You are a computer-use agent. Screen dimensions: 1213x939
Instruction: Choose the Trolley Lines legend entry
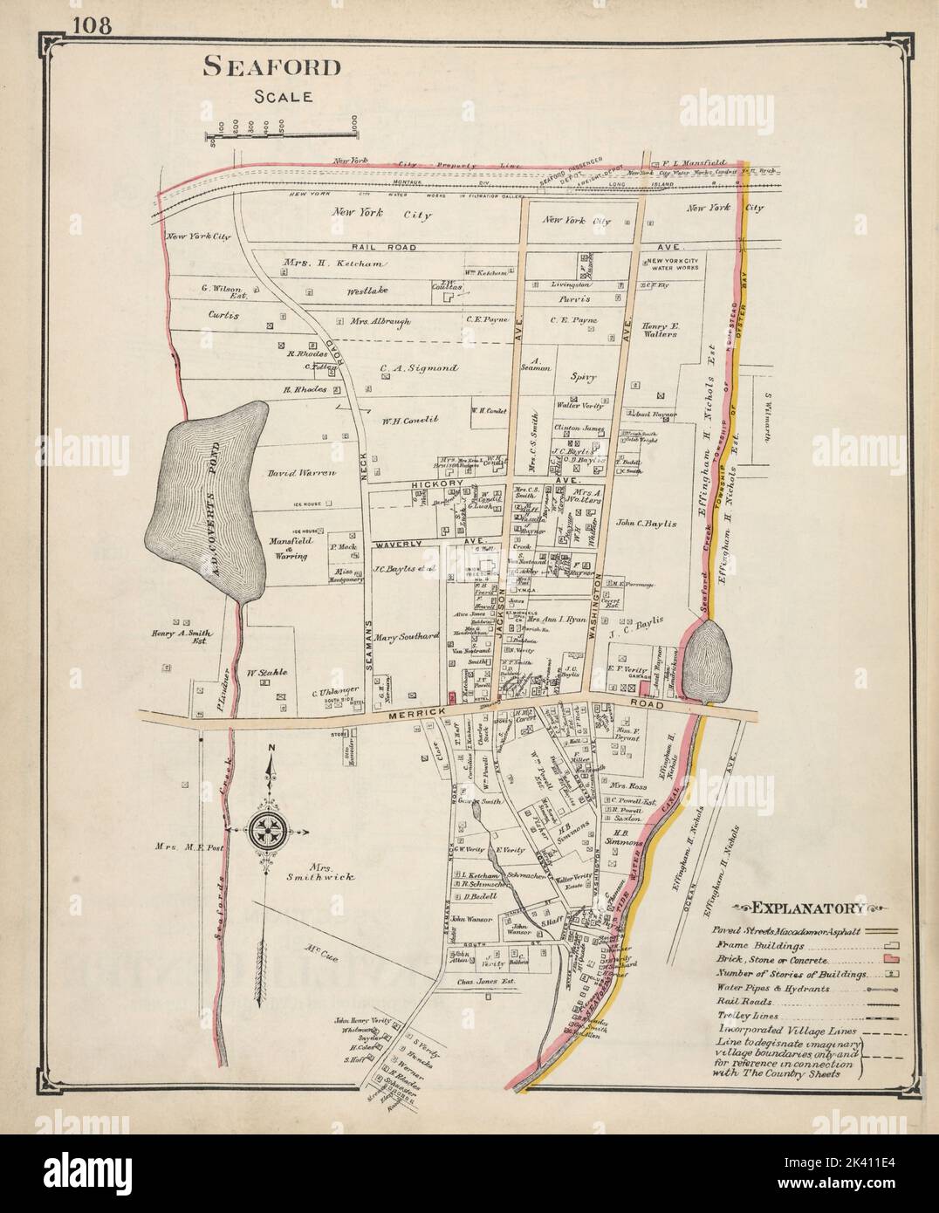(747, 1017)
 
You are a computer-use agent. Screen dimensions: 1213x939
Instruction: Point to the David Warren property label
(301, 472)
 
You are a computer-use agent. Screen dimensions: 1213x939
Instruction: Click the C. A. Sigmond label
(419, 368)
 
